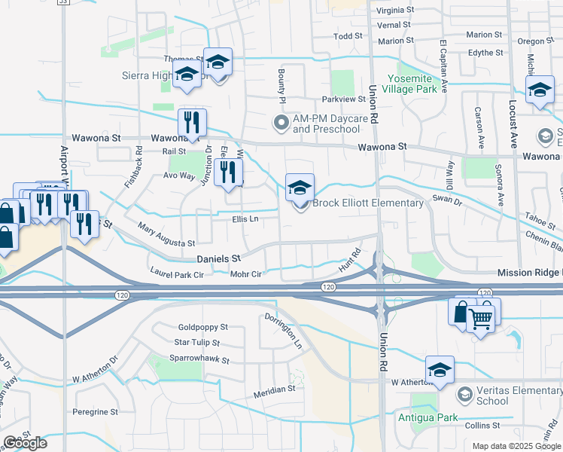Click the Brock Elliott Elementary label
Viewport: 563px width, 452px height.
pyautogui.click(x=368, y=203)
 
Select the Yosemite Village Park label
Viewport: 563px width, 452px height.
pyautogui.click(x=412, y=84)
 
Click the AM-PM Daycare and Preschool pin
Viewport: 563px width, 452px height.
pyautogui.click(x=281, y=122)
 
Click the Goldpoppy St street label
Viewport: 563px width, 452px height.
pyautogui.click(x=202, y=328)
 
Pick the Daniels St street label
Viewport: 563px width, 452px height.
pyautogui.click(x=218, y=258)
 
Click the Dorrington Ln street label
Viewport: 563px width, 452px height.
pyautogui.click(x=283, y=331)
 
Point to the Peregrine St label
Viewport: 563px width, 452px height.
pyautogui.click(x=95, y=412)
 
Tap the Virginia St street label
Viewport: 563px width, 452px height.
pyautogui.click(x=395, y=11)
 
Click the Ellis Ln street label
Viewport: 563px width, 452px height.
pyautogui.click(x=245, y=219)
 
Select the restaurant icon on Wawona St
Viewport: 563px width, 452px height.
pyautogui.click(x=192, y=123)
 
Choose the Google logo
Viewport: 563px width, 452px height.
pyautogui.click(x=26, y=443)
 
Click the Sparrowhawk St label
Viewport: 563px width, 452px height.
pyautogui.click(x=199, y=358)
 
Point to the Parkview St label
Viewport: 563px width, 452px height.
pyautogui.click(x=343, y=99)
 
